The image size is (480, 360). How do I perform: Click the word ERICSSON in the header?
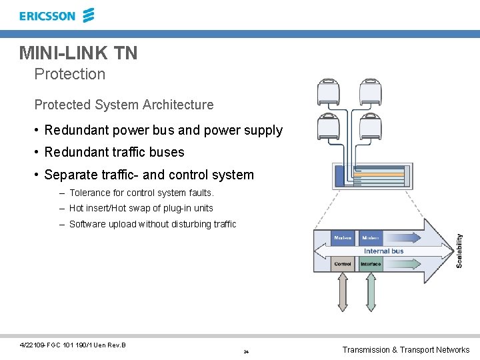(x=47, y=16)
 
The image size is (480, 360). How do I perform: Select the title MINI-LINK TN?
(x=78, y=53)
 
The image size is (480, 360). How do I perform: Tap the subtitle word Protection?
(x=70, y=74)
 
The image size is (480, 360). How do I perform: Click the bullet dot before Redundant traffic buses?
(x=37, y=152)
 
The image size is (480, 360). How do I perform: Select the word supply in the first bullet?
(x=263, y=131)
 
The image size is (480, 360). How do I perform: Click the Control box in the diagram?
(x=343, y=264)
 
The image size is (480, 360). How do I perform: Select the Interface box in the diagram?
(x=371, y=264)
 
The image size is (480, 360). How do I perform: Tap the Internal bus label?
(x=384, y=251)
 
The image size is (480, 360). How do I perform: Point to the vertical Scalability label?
(x=459, y=251)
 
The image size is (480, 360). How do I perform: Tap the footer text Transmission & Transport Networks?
(x=405, y=350)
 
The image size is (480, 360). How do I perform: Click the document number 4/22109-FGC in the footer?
(x=41, y=345)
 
